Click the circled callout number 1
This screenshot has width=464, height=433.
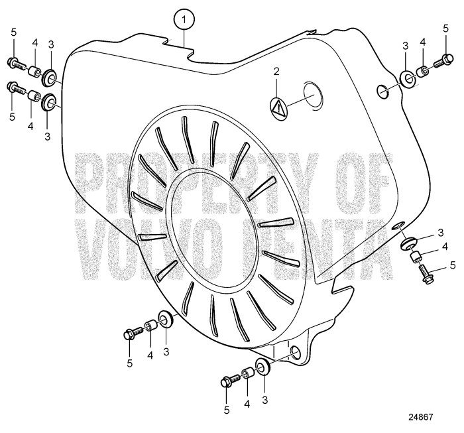pos(186,20)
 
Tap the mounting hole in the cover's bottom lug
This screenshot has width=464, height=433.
pos(295,351)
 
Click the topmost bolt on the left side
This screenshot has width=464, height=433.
pos(16,63)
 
